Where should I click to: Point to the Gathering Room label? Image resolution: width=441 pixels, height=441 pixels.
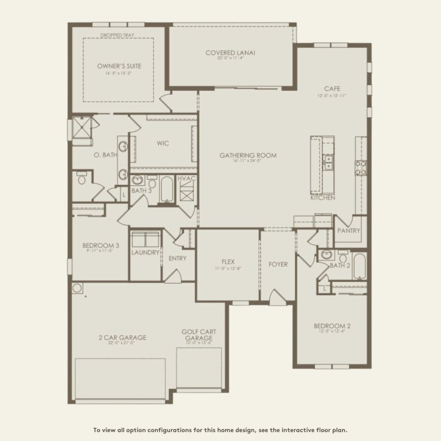coord(248,155)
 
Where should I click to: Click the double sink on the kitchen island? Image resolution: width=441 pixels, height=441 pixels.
coord(328,162)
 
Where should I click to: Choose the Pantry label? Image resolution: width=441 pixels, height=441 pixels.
coord(349,231)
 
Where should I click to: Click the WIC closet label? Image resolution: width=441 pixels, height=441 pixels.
coord(163,143)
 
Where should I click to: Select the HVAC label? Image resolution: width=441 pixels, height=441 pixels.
coord(187,179)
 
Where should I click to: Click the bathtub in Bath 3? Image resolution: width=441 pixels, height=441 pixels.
coord(167,190)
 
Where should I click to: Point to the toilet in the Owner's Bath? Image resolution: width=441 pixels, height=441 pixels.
coord(81,179)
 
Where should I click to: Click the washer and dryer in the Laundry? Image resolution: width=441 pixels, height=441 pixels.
coord(145,239)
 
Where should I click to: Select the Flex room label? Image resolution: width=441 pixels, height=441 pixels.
coord(228,261)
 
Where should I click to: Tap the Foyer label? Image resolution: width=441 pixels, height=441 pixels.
coord(278,264)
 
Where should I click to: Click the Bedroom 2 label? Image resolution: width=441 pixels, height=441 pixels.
coord(332,326)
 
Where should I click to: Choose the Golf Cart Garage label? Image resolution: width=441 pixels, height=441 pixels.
coord(199,335)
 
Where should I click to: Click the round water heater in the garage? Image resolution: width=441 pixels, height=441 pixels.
coord(77,288)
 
